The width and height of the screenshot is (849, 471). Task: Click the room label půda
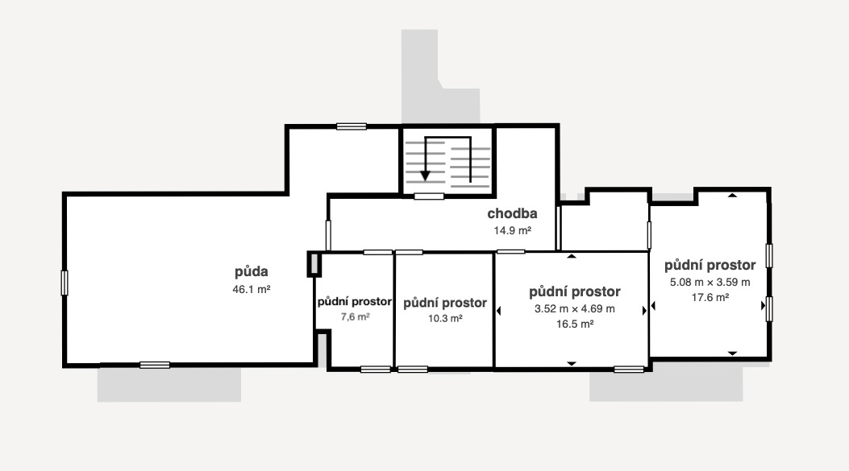point(251,271)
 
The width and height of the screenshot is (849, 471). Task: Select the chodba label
point(512,213)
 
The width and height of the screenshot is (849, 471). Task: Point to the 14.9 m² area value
point(512,229)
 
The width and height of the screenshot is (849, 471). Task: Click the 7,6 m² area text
point(354,317)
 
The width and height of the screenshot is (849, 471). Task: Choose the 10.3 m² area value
point(444,318)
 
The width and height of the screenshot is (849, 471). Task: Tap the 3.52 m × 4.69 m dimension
point(574,308)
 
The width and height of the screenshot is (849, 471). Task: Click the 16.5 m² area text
point(575,324)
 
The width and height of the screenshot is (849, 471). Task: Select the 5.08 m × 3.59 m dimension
point(710,282)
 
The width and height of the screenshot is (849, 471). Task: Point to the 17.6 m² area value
point(710,297)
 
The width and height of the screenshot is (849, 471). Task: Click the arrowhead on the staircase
point(425,175)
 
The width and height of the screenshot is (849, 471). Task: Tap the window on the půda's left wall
point(65,283)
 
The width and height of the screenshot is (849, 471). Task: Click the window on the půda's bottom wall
point(155,365)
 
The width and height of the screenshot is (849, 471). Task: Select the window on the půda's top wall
point(352,126)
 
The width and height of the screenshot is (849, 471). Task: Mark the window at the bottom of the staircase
point(429,196)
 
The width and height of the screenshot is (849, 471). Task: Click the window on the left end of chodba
point(328,235)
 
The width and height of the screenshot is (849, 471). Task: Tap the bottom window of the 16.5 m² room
point(629,369)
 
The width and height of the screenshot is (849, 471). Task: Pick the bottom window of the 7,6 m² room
point(375,370)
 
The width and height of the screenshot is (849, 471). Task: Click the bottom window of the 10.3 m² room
point(413,370)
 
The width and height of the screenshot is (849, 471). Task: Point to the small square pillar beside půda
point(314,264)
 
